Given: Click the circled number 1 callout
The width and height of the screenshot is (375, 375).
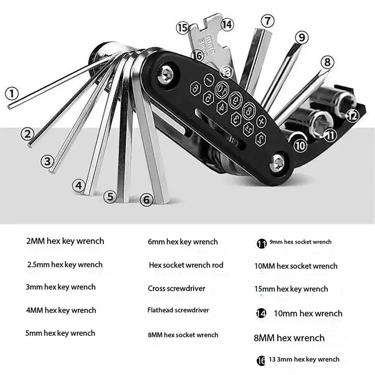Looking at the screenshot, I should pos(12,94).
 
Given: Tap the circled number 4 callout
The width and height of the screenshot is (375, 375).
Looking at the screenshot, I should pos(79,185).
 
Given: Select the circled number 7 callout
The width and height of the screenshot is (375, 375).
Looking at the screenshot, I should pos(268,21).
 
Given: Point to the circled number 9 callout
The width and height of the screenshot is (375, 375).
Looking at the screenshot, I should pos(301,37).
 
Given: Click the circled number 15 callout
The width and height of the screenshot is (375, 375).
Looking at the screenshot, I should pos(183,28).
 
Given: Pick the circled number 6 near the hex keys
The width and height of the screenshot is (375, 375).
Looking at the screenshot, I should pos(146,200).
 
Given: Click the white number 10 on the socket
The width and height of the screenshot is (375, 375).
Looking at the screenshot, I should pos(300,145).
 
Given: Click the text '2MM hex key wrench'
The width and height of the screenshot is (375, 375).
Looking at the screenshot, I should pos(65,241).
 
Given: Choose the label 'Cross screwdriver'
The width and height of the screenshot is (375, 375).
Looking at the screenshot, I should pos(177,289).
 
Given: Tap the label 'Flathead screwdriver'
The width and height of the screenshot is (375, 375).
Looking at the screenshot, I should pos(178,310).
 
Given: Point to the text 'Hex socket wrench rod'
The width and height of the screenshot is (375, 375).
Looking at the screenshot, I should pos(186,265).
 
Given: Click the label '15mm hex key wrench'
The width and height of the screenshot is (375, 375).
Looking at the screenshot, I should pos(291,289).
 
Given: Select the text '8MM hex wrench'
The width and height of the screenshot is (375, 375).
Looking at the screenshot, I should pos(289,338).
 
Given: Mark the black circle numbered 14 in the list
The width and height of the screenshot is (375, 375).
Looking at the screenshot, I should pos(261,313).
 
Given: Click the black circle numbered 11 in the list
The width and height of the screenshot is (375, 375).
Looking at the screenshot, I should pos(261,243).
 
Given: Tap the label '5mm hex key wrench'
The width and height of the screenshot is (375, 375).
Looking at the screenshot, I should pos(60,333).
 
